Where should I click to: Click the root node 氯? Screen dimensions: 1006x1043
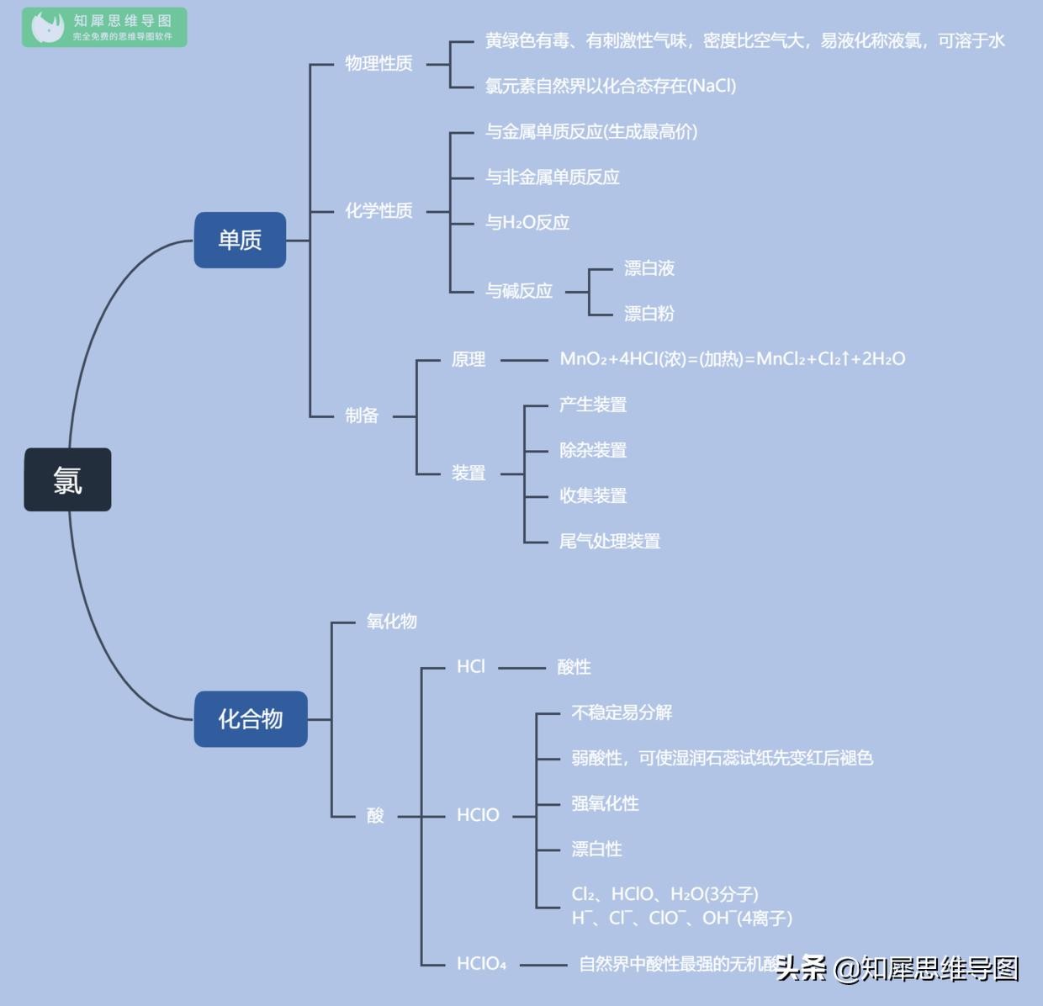pyautogui.click(x=67, y=479)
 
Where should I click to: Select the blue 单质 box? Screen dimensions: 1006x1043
pyautogui.click(x=240, y=240)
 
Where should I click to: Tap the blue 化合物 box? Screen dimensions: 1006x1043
pyautogui.click(x=251, y=719)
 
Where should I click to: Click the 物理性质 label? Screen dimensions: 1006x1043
pyautogui.click(x=379, y=64)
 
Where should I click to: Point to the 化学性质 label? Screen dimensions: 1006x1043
pyautogui.click(x=379, y=210)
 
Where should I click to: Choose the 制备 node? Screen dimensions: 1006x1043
pyautogui.click(x=362, y=416)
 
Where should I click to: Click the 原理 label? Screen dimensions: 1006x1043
pyautogui.click(x=469, y=359)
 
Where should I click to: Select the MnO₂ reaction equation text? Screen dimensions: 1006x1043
pyautogui.click(x=732, y=359)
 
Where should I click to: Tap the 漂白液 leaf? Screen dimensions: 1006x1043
pyautogui.click(x=649, y=268)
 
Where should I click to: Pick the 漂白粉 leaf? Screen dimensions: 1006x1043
pyautogui.click(x=649, y=314)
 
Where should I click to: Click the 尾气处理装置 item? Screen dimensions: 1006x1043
pyautogui.click(x=610, y=541)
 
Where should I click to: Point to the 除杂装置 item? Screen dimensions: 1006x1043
pyautogui.click(x=593, y=450)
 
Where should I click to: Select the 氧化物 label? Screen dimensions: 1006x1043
pyautogui.click(x=392, y=622)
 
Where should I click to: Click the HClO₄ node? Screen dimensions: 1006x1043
pyautogui.click(x=481, y=964)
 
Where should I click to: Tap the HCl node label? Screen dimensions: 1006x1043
pyautogui.click(x=471, y=667)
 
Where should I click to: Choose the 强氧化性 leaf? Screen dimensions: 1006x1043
pyautogui.click(x=605, y=803)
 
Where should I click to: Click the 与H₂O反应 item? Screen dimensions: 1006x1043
pyautogui.click(x=527, y=223)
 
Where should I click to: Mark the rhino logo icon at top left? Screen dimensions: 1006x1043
pyautogui.click(x=47, y=27)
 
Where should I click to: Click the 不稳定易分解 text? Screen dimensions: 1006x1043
pyautogui.click(x=622, y=712)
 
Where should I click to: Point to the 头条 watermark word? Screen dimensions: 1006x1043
pyautogui.click(x=801, y=968)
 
